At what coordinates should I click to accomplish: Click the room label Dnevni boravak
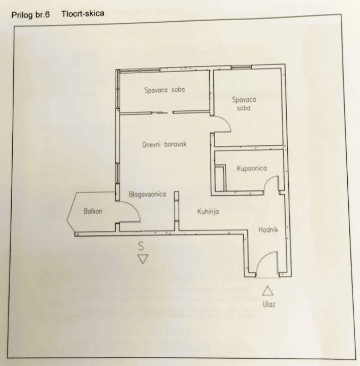(x=165, y=144)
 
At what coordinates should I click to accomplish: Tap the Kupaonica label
(x=252, y=168)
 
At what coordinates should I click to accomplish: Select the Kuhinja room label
(x=208, y=211)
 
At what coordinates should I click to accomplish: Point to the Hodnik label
(x=269, y=230)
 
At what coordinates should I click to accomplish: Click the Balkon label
(x=92, y=211)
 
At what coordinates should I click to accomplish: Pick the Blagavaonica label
(x=147, y=194)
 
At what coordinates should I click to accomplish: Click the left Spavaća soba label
(x=165, y=90)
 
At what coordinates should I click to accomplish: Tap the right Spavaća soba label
(x=244, y=103)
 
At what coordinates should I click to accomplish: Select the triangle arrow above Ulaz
(x=268, y=290)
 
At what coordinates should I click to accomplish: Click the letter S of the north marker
(x=141, y=246)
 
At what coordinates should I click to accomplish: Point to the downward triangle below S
(x=142, y=259)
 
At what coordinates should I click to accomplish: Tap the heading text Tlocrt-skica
(x=82, y=13)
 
